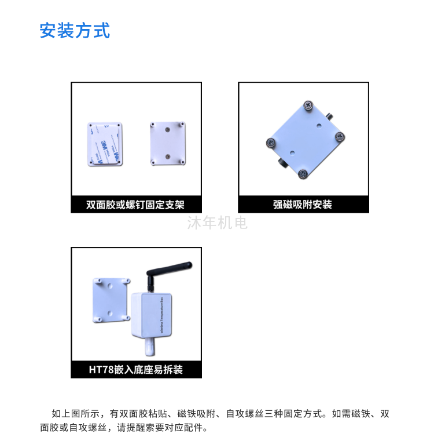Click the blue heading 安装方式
coord(75,30)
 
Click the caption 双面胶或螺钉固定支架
coord(135,205)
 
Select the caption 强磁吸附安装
coord(303,205)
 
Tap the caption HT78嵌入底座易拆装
coord(136,370)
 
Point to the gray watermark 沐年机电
coord(218,223)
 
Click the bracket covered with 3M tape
coord(105,144)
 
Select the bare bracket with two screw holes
coord(168,143)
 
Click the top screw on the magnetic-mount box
coord(308,105)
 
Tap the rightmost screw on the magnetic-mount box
coord(340,137)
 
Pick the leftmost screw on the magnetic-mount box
coord(271,142)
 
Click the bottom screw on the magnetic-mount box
coord(303,174)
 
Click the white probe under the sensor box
coord(150,347)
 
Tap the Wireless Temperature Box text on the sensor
coord(162,315)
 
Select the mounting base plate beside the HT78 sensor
coord(111,300)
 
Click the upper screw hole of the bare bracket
coord(167,130)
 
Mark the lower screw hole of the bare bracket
coord(168,156)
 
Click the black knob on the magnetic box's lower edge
coord(283,163)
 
